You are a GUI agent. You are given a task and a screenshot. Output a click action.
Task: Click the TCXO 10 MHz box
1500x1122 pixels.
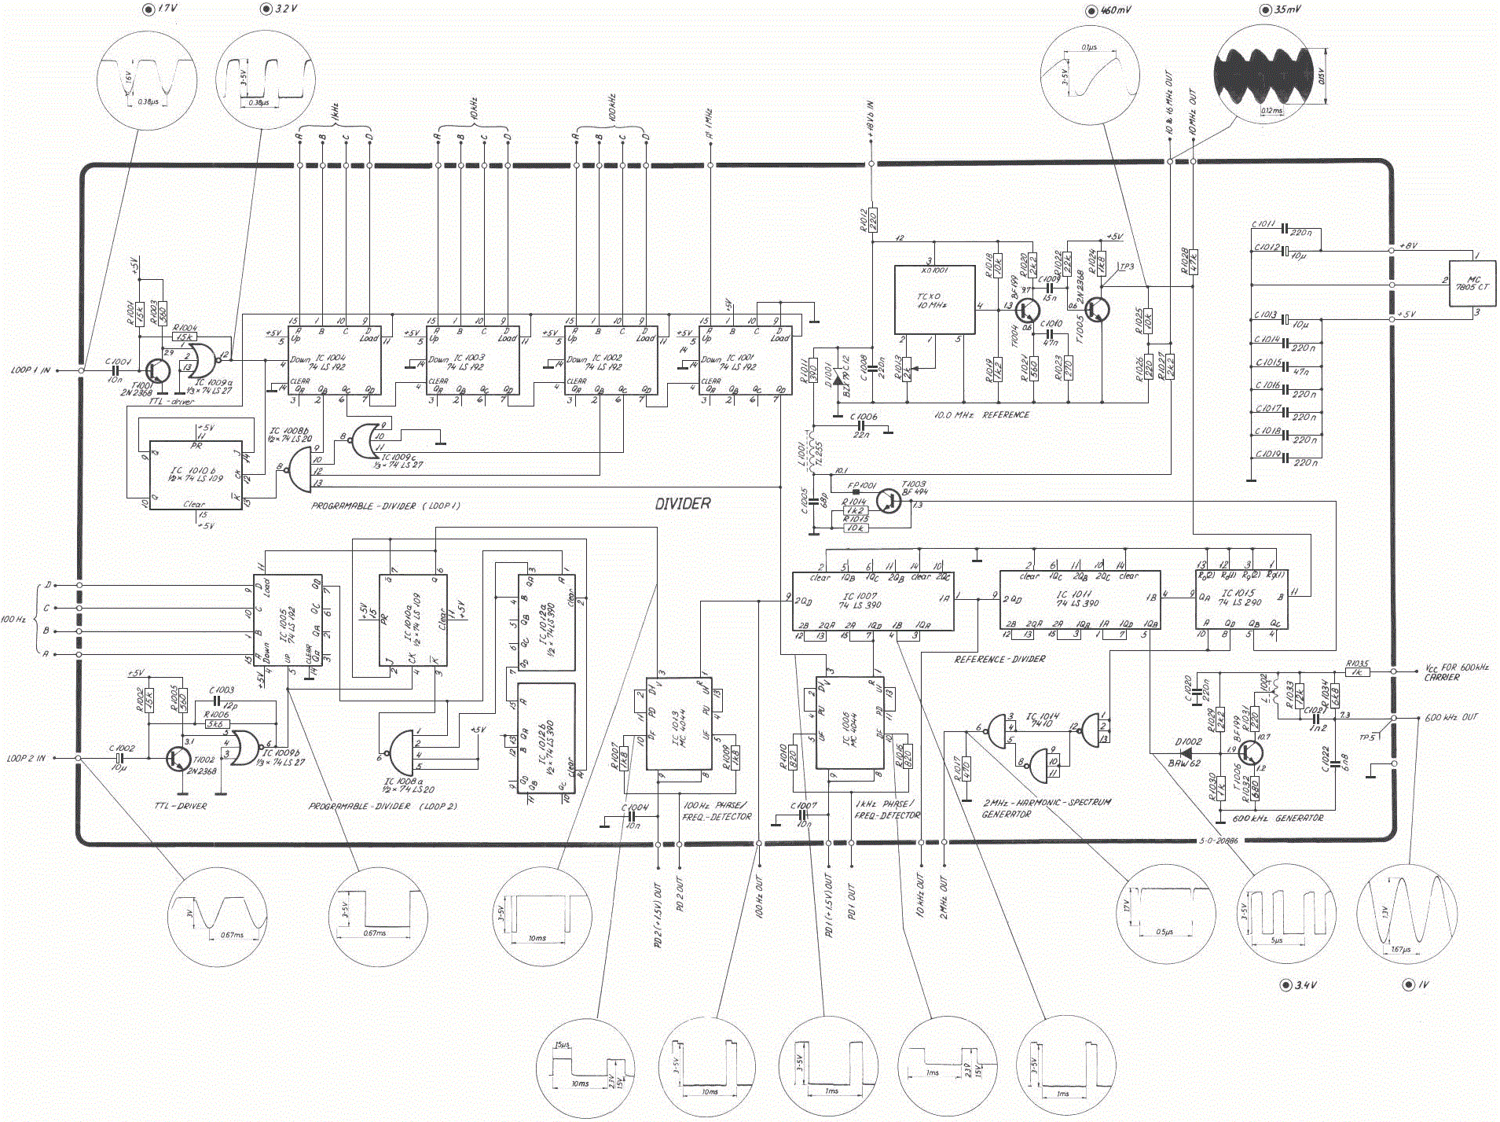(x=934, y=300)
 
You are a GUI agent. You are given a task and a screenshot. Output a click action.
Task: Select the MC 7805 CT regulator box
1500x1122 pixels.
(x=1472, y=283)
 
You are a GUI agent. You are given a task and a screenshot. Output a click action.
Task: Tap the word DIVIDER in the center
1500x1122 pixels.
(x=682, y=504)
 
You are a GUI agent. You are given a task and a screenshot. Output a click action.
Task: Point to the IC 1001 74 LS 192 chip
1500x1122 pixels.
(x=745, y=362)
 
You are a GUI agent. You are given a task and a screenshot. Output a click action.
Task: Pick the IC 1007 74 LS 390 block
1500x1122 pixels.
(x=872, y=601)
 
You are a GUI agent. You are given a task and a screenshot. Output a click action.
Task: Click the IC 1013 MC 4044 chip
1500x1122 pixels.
(x=677, y=723)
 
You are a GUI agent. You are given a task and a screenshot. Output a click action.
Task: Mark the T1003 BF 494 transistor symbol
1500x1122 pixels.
(x=889, y=500)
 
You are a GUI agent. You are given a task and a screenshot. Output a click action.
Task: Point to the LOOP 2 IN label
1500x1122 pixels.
(x=27, y=759)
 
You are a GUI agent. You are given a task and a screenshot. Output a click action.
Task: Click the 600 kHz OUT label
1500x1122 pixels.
(x=1451, y=718)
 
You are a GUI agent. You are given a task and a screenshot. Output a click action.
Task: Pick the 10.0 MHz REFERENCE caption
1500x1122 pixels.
(x=981, y=415)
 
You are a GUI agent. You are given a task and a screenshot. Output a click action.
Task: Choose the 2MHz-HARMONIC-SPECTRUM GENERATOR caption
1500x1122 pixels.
(x=1047, y=807)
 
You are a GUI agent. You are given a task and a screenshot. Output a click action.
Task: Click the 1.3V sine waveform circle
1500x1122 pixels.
(x=1406, y=916)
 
